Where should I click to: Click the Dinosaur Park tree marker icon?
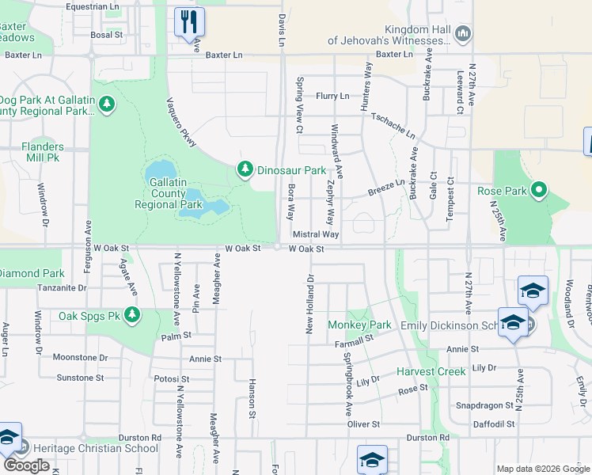(245, 169)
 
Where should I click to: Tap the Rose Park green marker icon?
(539, 190)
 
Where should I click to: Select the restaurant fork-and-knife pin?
(189, 21)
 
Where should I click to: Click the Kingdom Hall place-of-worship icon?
(464, 32)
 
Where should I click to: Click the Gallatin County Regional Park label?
(168, 193)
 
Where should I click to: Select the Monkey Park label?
(360, 325)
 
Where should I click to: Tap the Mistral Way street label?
(316, 235)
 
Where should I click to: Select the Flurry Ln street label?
(332, 96)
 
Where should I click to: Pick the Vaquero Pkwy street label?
(181, 122)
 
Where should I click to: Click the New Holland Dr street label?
(311, 304)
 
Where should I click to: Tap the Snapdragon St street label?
(484, 405)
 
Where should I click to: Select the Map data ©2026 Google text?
(542, 469)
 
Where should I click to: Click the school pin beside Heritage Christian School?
(8, 439)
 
